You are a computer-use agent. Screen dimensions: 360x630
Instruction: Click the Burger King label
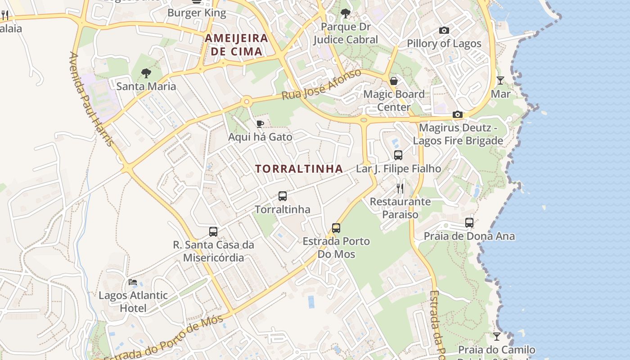[197, 13]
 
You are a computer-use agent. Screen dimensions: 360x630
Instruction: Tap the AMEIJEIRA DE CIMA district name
[237, 45]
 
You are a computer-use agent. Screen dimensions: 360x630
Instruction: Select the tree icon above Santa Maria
[146, 73]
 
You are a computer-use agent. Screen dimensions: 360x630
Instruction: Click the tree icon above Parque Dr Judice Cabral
[346, 13]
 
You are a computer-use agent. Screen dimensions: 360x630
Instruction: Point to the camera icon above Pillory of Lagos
[444, 31]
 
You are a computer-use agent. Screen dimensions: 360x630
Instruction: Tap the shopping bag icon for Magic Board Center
[394, 81]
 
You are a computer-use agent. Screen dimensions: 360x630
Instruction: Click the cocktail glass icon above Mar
[500, 81]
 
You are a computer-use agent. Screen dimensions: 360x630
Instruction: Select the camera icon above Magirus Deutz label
[458, 115]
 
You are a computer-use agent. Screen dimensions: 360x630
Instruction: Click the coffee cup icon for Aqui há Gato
[260, 124]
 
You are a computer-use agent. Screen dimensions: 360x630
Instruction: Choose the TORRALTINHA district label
[299, 169]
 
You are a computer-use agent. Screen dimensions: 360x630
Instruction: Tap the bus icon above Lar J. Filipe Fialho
[398, 155]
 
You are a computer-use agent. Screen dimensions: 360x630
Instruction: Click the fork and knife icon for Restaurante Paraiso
[400, 188]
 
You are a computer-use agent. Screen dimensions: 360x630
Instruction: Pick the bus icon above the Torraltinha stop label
[283, 196]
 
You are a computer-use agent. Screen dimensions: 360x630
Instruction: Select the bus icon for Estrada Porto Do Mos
[336, 228]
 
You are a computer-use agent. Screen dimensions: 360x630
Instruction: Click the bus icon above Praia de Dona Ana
[469, 223]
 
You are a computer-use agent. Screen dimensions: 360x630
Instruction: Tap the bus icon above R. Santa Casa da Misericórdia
[213, 232]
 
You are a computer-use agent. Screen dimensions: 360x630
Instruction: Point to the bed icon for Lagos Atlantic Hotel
[133, 282]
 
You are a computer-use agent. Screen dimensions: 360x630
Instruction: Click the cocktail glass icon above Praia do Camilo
[496, 336]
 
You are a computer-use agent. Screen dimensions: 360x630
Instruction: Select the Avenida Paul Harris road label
[91, 99]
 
